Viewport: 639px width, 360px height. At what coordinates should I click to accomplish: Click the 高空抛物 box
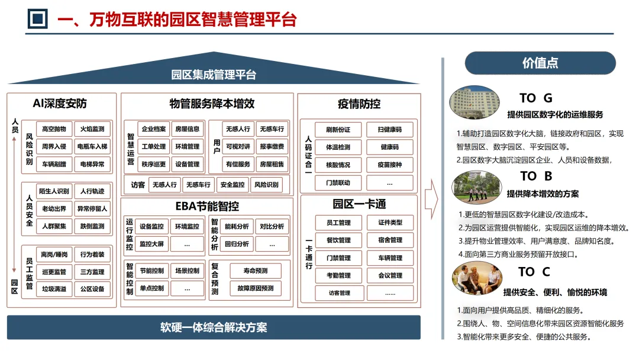[54, 129]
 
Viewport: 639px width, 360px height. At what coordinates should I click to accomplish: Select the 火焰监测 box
[92, 129]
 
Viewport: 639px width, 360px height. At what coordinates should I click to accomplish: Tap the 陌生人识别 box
[54, 191]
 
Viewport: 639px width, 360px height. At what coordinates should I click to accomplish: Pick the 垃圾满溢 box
[54, 289]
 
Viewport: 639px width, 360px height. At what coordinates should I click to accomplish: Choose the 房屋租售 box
[272, 164]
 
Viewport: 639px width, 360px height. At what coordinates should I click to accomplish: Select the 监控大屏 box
[153, 243]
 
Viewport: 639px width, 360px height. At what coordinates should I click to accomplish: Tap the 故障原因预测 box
[255, 288]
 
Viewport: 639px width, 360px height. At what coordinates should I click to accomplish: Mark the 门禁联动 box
[337, 182]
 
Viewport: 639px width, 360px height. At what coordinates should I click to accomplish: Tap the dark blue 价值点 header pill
[540, 63]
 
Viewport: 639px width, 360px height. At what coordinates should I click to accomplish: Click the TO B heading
[536, 176]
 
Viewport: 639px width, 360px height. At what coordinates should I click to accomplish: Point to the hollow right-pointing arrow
[431, 195]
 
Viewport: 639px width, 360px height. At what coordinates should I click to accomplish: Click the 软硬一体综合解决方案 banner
[214, 327]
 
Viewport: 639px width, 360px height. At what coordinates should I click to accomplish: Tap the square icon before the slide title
[38, 19]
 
